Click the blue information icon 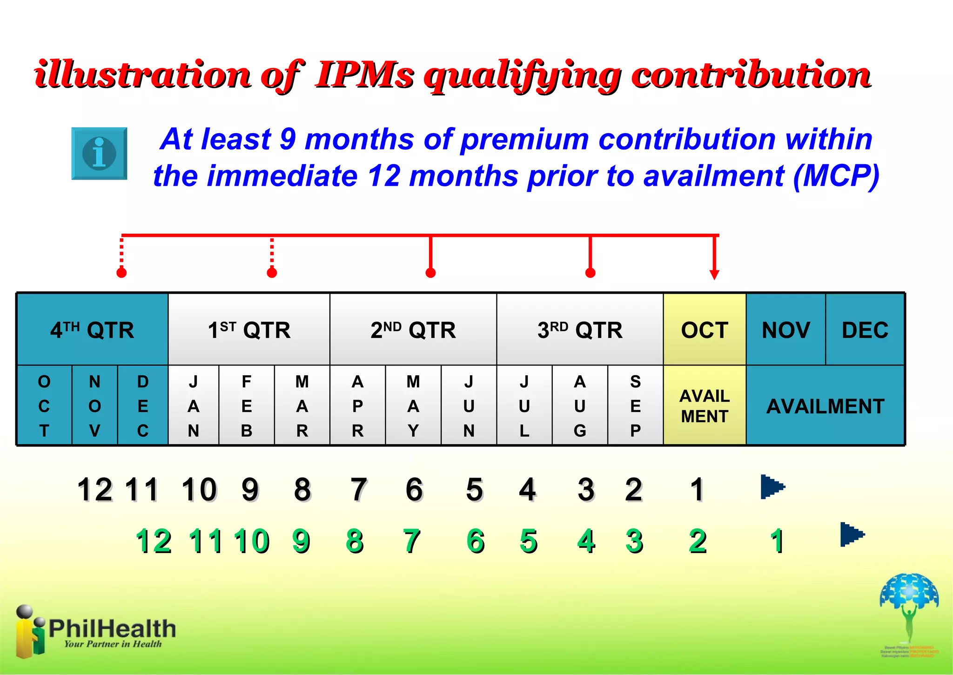click(x=99, y=153)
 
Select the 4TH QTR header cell click(x=92, y=330)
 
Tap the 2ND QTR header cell click(x=413, y=330)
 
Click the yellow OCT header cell click(x=705, y=330)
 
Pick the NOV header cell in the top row click(x=785, y=330)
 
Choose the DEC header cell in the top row click(x=865, y=330)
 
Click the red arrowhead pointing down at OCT click(x=714, y=274)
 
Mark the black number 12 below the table click(x=95, y=490)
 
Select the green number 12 click(x=154, y=541)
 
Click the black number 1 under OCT click(x=697, y=490)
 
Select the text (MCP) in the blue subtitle click(x=836, y=176)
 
